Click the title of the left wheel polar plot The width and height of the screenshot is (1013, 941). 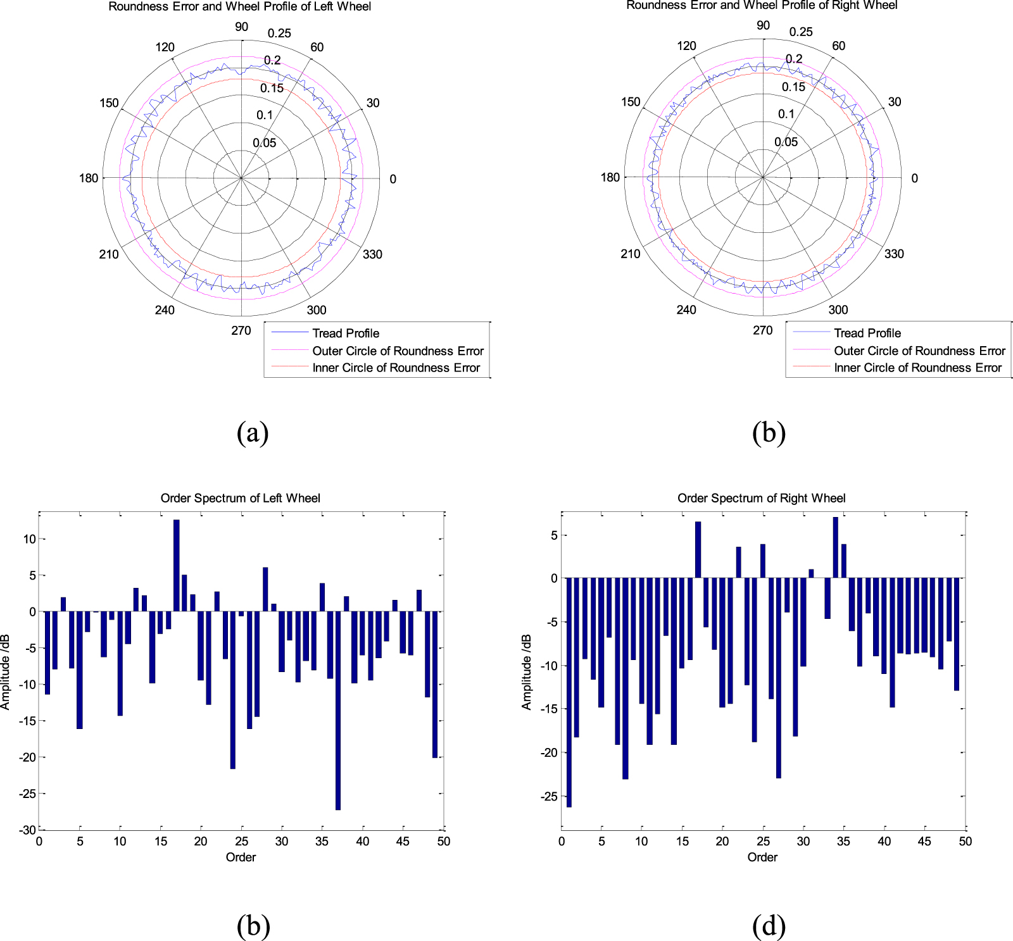(239, 7)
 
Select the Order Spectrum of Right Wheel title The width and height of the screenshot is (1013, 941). (761, 498)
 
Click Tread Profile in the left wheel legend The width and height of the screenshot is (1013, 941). (346, 333)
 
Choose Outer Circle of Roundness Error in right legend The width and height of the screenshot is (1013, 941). (919, 351)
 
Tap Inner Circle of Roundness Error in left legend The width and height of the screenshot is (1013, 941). (396, 368)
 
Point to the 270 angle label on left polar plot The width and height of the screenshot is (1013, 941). (241, 330)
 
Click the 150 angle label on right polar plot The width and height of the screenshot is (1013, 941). (630, 102)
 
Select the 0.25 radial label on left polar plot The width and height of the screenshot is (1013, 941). (279, 34)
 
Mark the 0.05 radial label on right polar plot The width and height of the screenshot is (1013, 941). (786, 142)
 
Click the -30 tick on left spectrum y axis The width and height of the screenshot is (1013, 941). (27, 830)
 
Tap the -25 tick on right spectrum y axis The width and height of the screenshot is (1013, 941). (548, 796)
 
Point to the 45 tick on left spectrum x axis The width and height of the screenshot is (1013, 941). (403, 841)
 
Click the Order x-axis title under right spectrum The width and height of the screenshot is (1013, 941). (762, 857)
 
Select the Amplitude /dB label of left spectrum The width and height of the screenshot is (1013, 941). (6, 671)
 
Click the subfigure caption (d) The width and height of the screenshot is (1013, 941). (769, 926)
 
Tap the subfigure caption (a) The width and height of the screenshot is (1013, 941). (253, 433)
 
